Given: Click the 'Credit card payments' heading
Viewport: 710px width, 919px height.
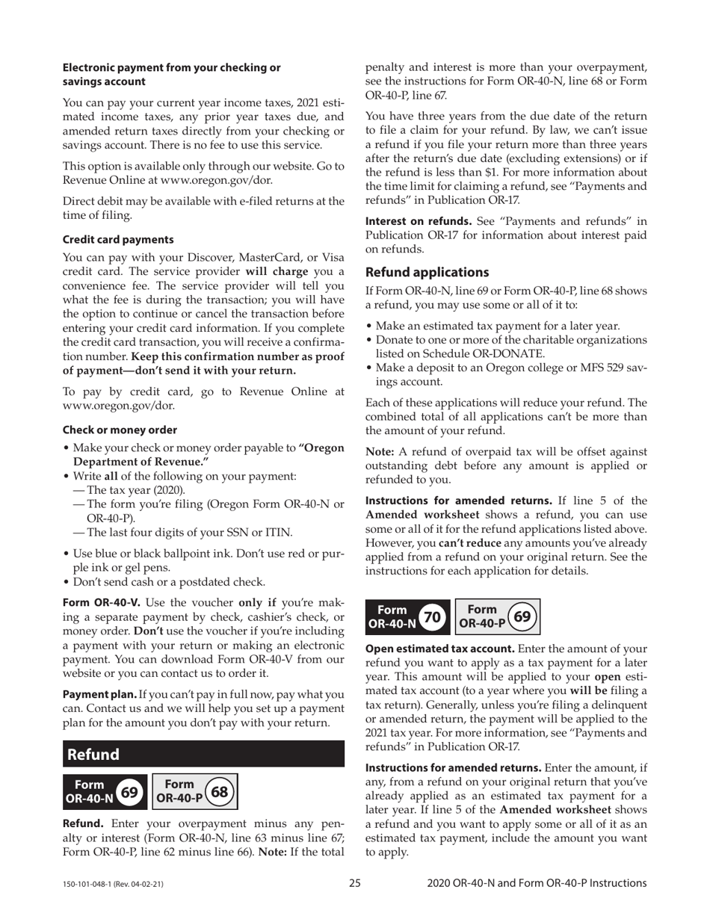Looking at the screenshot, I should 118,240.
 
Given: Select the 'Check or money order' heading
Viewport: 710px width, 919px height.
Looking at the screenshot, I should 120,430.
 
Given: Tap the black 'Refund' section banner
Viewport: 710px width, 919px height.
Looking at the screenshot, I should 203,755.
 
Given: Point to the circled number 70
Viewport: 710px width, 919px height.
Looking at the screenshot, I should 430,617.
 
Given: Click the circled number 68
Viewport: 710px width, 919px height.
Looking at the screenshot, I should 220,791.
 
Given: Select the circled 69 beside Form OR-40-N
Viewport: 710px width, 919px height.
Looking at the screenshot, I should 129,791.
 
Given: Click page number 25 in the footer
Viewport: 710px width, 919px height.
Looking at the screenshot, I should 355,883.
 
